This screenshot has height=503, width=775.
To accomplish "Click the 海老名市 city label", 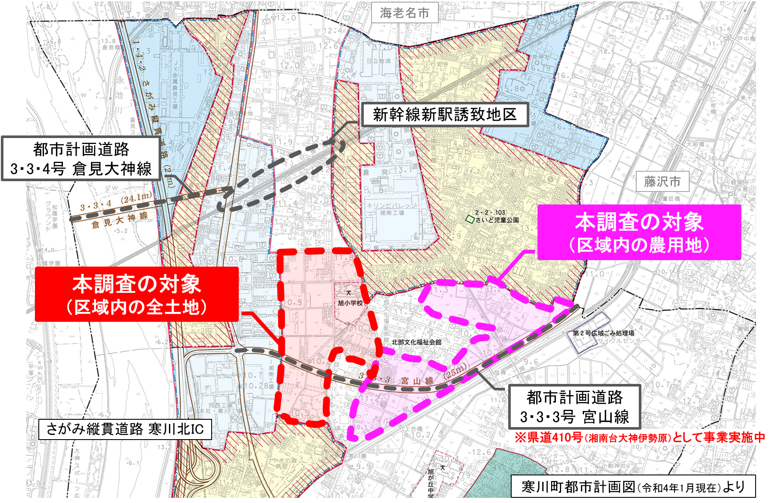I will (x=404, y=13).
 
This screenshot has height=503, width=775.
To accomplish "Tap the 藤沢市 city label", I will (x=662, y=182).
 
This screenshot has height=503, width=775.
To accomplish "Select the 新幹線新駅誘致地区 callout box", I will (x=445, y=115).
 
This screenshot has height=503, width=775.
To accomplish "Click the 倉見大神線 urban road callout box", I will (x=81, y=159).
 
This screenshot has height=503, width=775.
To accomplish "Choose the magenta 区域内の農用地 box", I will (x=639, y=232).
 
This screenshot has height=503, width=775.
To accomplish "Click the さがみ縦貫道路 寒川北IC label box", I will (x=125, y=429).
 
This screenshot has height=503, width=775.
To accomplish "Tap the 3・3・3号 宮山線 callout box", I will (x=574, y=406).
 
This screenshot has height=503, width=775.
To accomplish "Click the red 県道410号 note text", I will (x=640, y=437).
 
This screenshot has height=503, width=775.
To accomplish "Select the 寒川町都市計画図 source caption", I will (x=633, y=487).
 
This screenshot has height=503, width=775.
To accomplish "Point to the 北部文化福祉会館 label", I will (x=416, y=342).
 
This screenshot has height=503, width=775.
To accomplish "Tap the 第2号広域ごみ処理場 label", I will (x=603, y=333).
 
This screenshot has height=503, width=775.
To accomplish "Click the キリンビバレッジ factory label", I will (x=392, y=206).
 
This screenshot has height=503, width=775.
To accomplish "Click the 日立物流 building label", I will (x=378, y=61).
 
